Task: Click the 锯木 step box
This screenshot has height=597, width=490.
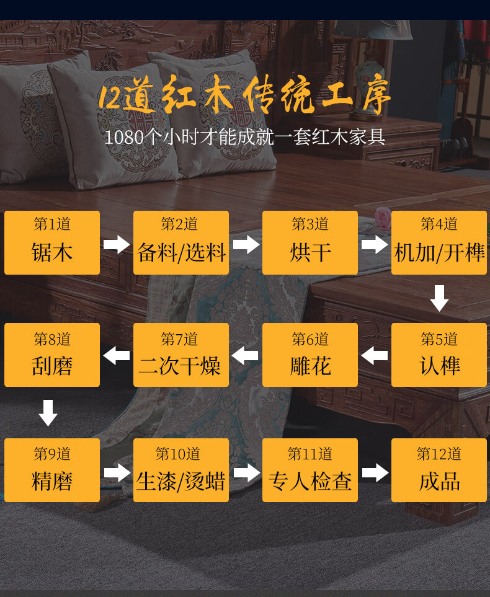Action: click(52, 242)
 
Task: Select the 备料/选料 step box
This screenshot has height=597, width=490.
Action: click(181, 242)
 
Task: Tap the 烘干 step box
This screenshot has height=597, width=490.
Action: click(310, 242)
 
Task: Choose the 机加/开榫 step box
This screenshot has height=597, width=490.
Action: click(439, 242)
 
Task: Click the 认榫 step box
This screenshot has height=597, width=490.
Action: click(439, 355)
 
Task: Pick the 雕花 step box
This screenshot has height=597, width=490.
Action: click(310, 355)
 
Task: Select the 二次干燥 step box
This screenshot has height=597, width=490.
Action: click(181, 355)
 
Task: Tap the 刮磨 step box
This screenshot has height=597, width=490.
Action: click(52, 355)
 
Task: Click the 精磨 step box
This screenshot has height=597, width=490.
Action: click(52, 470)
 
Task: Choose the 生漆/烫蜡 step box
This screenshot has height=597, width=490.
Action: click(181, 470)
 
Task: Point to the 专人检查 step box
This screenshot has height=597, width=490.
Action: click(310, 470)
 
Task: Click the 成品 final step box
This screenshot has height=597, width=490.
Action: click(439, 470)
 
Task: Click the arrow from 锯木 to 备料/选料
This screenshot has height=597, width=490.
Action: click(117, 244)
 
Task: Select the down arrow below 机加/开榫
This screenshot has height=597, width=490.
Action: click(439, 298)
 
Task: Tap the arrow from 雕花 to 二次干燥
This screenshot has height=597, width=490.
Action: click(246, 356)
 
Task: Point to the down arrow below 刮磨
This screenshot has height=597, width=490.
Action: click(48, 413)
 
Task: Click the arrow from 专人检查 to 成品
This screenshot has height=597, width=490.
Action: click(375, 472)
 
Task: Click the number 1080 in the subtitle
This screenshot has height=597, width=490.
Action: click(123, 137)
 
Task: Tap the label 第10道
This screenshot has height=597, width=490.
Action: click(178, 454)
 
